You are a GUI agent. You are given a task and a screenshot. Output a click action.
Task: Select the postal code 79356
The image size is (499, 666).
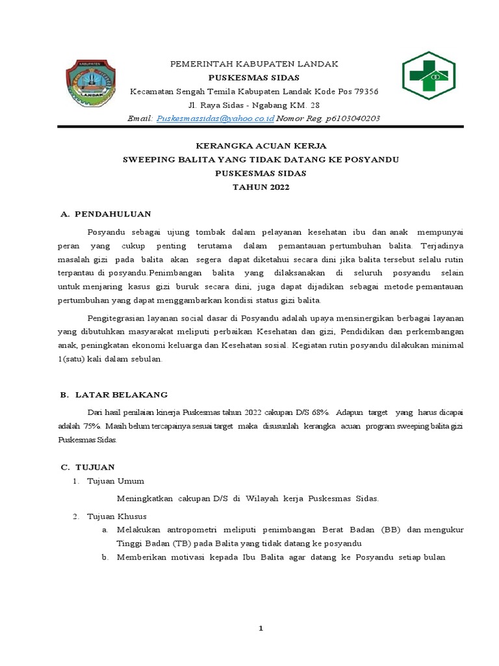click(365, 91)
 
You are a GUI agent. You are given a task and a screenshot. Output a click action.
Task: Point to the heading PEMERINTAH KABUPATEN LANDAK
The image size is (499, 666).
click(254, 64)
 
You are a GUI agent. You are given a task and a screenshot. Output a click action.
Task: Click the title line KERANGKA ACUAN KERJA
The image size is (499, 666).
click(253, 146)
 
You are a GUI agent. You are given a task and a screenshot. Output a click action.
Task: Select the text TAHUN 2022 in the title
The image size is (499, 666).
click(253, 187)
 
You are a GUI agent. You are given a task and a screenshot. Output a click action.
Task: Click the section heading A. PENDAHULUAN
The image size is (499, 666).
click(105, 213)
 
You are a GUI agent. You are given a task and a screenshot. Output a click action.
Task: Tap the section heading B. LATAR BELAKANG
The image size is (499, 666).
click(114, 395)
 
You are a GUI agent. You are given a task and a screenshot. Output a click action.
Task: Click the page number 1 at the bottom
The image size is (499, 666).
click(261, 628)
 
